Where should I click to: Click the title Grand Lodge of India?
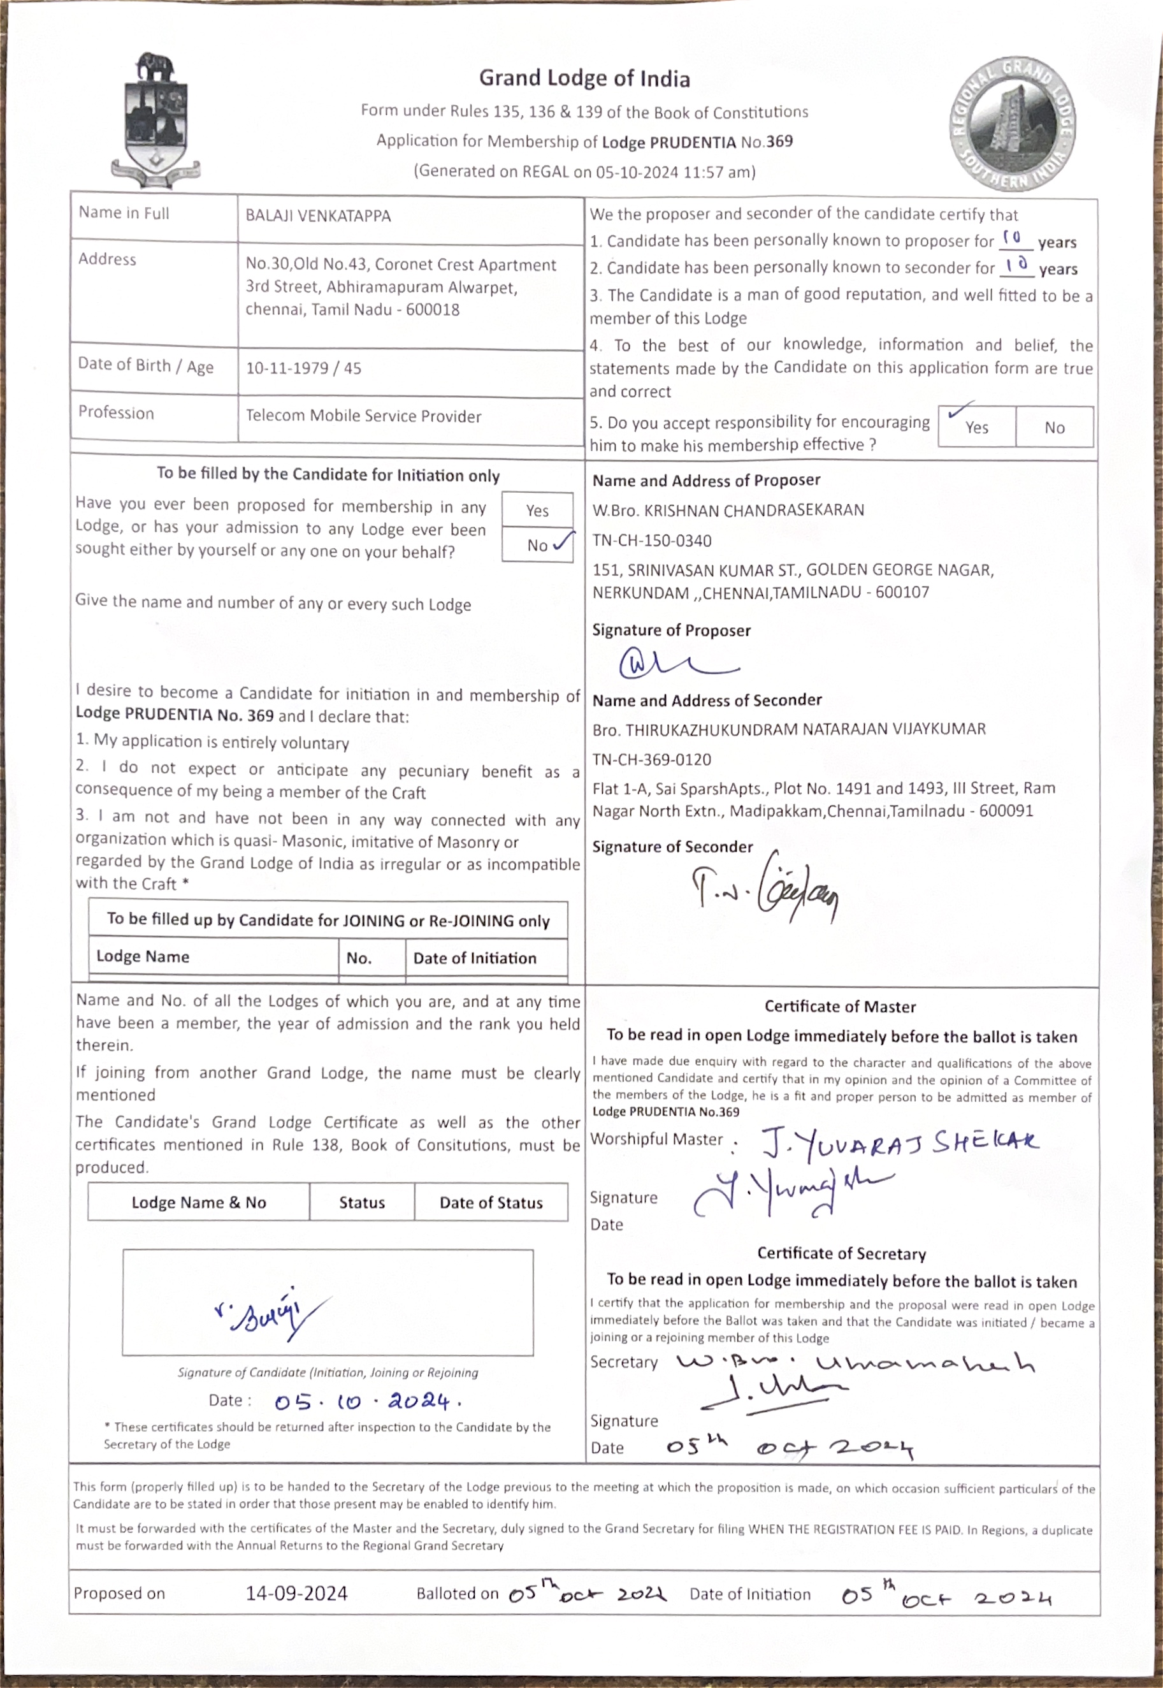point(584,78)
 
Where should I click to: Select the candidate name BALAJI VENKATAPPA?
point(318,215)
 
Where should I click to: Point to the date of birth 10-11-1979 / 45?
point(303,368)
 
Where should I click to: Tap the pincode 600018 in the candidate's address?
point(433,310)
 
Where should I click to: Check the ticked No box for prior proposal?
point(538,544)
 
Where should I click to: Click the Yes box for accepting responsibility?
point(976,426)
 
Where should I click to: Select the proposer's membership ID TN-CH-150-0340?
point(652,541)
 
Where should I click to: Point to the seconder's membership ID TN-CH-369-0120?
point(652,759)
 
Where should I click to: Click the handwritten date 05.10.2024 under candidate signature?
point(367,1401)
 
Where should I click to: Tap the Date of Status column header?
point(491,1203)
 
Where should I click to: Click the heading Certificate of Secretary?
point(842,1254)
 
